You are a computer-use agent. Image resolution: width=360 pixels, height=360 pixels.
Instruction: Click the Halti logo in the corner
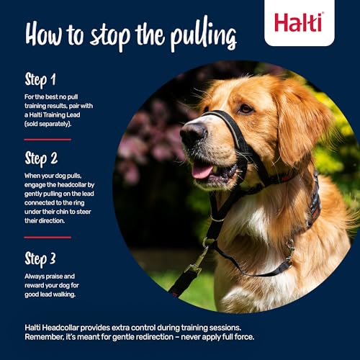click(299, 22)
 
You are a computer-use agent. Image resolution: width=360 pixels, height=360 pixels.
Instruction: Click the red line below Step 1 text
click(48, 139)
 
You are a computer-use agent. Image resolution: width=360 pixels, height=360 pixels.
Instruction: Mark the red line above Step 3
click(48, 237)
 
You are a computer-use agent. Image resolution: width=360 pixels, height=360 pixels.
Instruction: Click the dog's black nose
click(192, 132)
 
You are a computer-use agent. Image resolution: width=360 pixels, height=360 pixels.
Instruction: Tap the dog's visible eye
click(246, 109)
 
